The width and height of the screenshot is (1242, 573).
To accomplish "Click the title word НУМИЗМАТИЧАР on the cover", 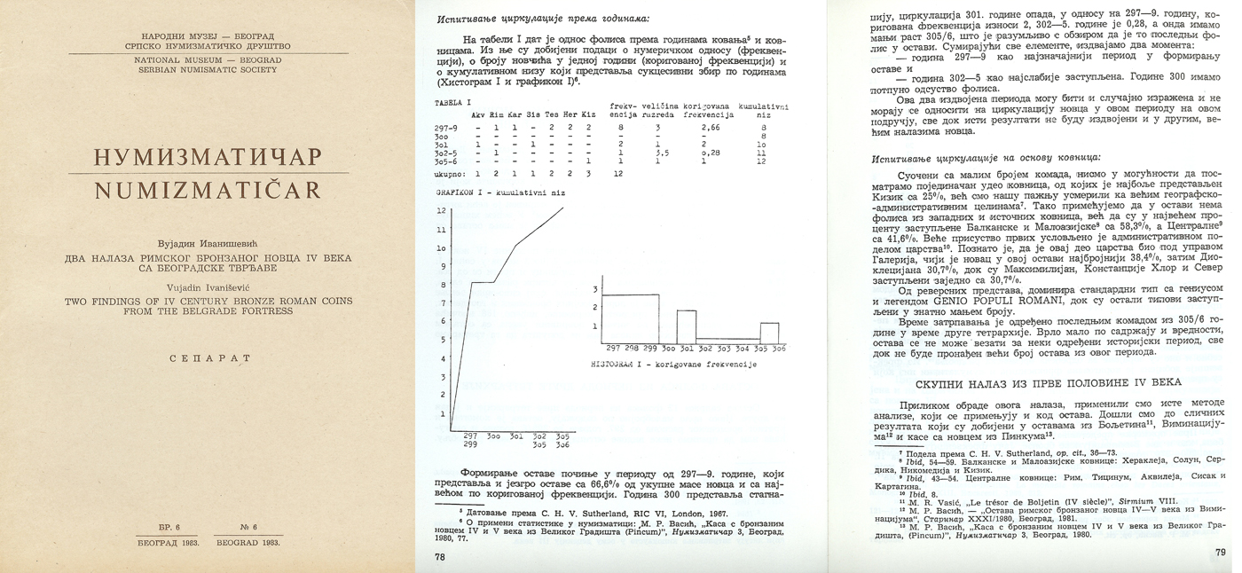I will [x=208, y=158].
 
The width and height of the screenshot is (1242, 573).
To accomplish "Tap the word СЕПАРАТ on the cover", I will [x=208, y=358].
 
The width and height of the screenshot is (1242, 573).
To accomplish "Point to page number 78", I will [x=441, y=558].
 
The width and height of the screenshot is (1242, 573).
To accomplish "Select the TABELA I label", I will [x=453, y=104].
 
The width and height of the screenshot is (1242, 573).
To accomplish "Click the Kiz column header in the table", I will [x=588, y=115].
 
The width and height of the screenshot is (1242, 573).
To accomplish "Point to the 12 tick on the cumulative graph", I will [x=441, y=211].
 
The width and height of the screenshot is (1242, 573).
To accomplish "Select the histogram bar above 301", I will [x=686, y=325].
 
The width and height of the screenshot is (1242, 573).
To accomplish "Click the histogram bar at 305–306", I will [x=769, y=331].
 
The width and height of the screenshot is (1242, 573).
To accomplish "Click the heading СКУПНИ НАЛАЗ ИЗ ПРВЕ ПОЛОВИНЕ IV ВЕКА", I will [x=1048, y=382].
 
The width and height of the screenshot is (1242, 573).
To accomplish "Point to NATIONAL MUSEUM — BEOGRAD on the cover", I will [x=208, y=59].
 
